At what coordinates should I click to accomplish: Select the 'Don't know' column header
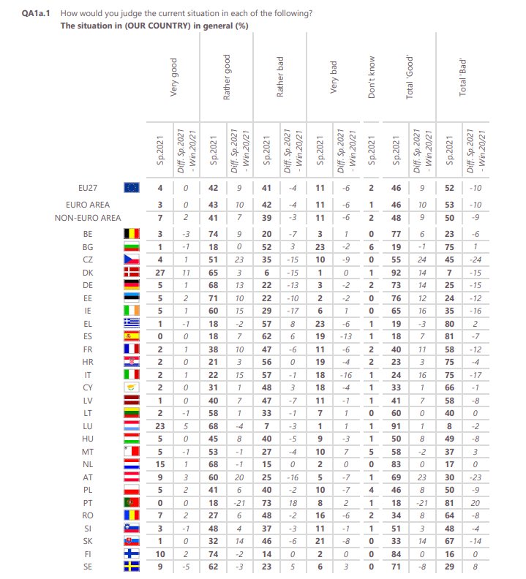point(372,77)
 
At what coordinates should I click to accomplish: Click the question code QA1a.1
point(36,14)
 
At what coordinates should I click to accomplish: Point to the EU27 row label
point(88,188)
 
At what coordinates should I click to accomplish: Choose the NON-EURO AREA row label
point(88,218)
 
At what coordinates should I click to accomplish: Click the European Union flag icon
point(132,188)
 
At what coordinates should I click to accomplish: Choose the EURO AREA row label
point(88,205)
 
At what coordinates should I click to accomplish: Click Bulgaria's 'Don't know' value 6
point(372,248)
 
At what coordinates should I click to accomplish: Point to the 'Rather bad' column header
point(279,74)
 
